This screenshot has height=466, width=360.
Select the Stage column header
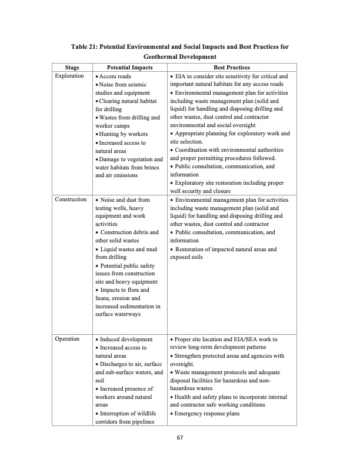[x=72, y=68]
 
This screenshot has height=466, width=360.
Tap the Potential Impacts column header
[x=130, y=68]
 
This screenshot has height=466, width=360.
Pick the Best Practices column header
[x=232, y=68]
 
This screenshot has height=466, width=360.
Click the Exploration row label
[x=69, y=76]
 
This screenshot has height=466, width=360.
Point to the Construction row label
[x=71, y=200]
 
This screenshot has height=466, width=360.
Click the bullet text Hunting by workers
[x=121, y=134]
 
